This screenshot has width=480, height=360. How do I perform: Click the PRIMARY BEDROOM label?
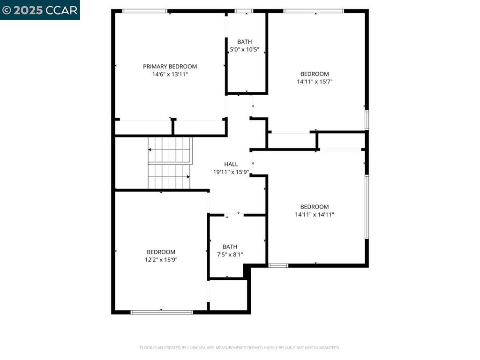point(170,67)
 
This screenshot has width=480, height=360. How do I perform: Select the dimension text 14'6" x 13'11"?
point(170,74)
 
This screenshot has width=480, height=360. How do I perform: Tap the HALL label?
point(231,164)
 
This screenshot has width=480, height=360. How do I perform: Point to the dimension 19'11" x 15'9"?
point(231,172)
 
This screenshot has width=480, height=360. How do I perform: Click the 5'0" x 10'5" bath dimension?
point(244,49)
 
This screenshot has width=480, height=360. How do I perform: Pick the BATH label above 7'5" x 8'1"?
point(230,247)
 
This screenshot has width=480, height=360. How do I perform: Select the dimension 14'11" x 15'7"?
point(315,82)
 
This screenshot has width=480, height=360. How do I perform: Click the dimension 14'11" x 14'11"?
point(315,215)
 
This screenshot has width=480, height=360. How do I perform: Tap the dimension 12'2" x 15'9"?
point(161,260)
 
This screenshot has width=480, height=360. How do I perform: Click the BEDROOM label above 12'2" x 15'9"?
point(161,252)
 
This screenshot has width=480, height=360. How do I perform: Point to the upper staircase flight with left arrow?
point(170,150)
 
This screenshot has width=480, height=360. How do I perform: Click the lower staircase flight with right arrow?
point(169,177)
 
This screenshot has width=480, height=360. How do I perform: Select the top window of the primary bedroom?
point(145,11)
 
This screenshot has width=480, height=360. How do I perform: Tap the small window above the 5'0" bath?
point(244,11)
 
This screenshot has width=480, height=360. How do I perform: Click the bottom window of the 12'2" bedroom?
point(162,312)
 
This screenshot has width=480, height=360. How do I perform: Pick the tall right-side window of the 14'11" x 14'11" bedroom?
point(367,207)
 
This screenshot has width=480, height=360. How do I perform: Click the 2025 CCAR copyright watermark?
point(40,10)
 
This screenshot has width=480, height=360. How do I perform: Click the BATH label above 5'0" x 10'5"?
point(245,42)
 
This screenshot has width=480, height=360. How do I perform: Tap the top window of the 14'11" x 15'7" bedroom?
point(314,11)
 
